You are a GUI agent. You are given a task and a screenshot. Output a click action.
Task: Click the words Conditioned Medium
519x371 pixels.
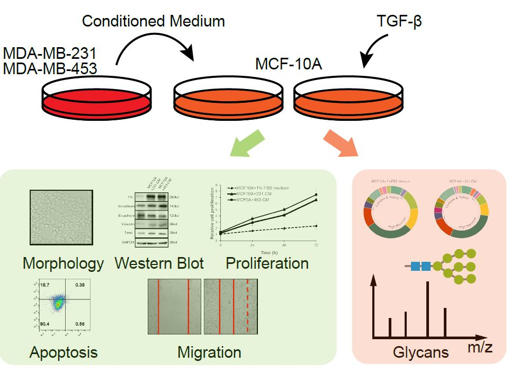[x=153, y=22]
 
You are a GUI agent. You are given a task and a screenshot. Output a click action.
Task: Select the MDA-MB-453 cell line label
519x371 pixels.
[x=50, y=68]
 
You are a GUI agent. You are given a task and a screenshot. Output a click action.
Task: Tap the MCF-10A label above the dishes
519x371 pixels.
[x=289, y=65]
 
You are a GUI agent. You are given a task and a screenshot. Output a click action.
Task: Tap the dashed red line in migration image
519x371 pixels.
[x=247, y=308]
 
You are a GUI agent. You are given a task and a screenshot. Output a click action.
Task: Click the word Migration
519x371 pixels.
[x=209, y=352]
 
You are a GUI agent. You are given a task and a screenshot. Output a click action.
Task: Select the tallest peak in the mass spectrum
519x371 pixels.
[x=427, y=310]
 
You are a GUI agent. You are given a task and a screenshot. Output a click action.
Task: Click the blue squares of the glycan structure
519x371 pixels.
[x=420, y=267]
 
